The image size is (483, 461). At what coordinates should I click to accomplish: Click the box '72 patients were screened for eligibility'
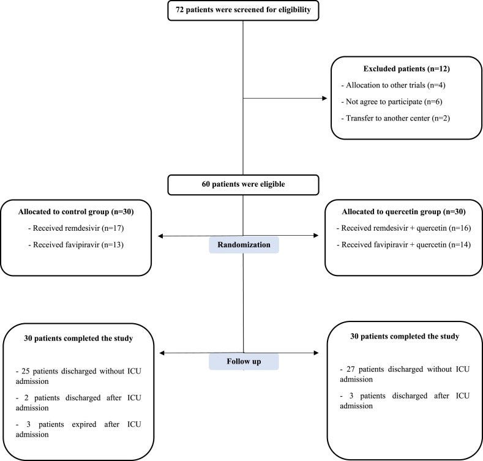coord(244,10)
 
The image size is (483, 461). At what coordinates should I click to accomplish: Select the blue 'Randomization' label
coord(244,244)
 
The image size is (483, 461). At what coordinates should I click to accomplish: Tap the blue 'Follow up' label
coord(244,362)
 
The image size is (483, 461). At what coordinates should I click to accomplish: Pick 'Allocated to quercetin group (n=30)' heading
coord(403,212)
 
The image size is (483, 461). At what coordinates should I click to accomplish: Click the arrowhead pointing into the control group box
coord(161,236)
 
